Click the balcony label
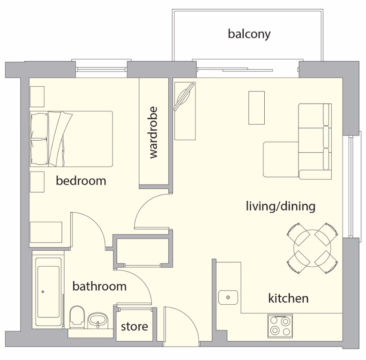coord(249,34)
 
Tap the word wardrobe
coord(153,133)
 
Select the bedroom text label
coord(81,180)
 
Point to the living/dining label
coord(280,206)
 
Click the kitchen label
coord(288,298)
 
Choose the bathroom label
coord(99,286)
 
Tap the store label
coord(134,326)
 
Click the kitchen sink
coord(228,297)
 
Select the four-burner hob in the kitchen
coord(280,325)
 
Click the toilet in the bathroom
coord(76,316)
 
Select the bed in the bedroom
coord(71,139)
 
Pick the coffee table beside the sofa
coord(256,107)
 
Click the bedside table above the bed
coord(37,97)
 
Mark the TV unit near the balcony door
coord(185,110)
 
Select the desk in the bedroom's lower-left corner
coord(46,232)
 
